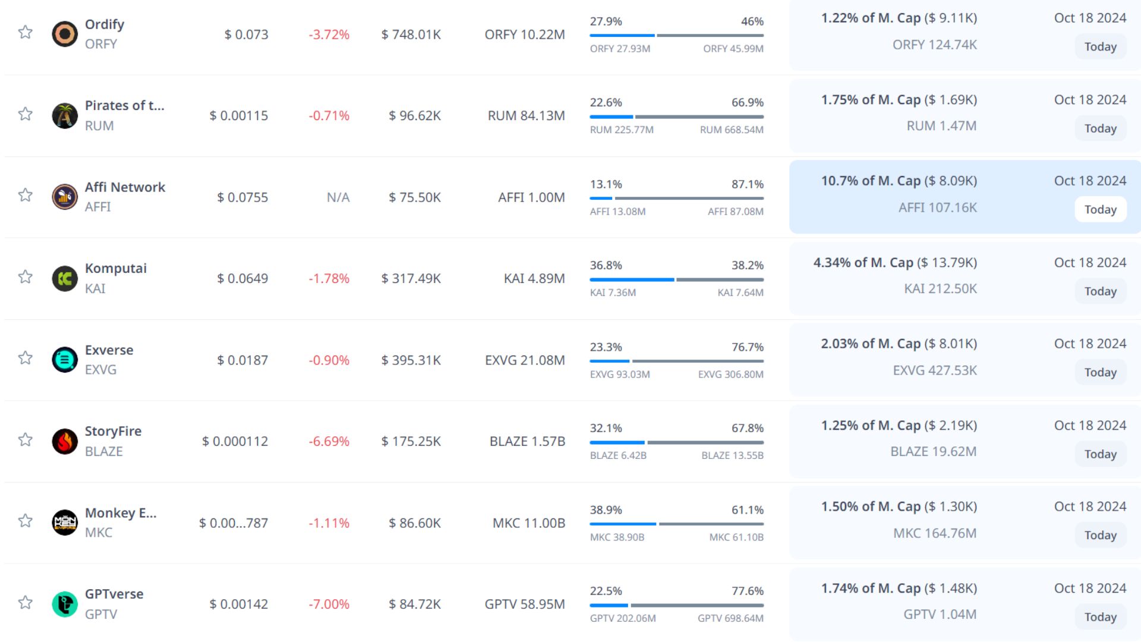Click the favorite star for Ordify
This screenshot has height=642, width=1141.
point(25,32)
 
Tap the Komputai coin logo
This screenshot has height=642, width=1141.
point(65,278)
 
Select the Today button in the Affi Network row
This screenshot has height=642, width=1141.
point(1100,209)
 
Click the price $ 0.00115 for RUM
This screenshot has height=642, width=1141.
point(239,115)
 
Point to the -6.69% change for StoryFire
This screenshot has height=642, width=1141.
point(329,441)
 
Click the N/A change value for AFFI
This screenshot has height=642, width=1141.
point(338,197)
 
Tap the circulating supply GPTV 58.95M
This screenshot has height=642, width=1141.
point(525,604)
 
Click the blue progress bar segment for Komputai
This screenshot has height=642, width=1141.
point(632,279)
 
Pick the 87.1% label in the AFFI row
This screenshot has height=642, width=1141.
point(747,184)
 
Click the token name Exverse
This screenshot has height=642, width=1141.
point(109,350)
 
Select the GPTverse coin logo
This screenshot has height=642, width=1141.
point(65,604)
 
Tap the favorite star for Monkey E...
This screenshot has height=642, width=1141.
point(25,521)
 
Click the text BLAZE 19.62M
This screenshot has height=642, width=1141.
point(933,452)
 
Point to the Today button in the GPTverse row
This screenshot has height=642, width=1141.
point(1100,617)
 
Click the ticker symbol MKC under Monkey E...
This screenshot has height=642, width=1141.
point(99,533)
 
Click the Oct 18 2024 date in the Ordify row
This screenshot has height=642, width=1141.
point(1090,18)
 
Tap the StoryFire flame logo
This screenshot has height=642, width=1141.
point(65,441)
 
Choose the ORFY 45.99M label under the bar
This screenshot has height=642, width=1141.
point(733,49)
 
